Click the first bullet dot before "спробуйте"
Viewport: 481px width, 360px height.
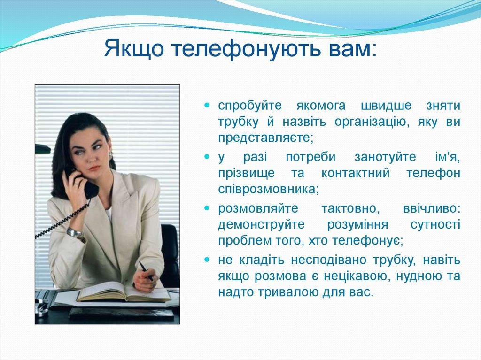pos(207,105)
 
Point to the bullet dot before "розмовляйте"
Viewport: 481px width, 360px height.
pos(207,207)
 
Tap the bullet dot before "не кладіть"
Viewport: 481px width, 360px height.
pos(207,259)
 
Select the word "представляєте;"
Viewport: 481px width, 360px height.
pos(265,138)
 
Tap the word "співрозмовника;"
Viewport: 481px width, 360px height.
pos(268,190)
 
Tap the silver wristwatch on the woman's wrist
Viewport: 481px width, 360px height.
pos(74,232)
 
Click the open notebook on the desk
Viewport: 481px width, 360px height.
pos(122,293)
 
